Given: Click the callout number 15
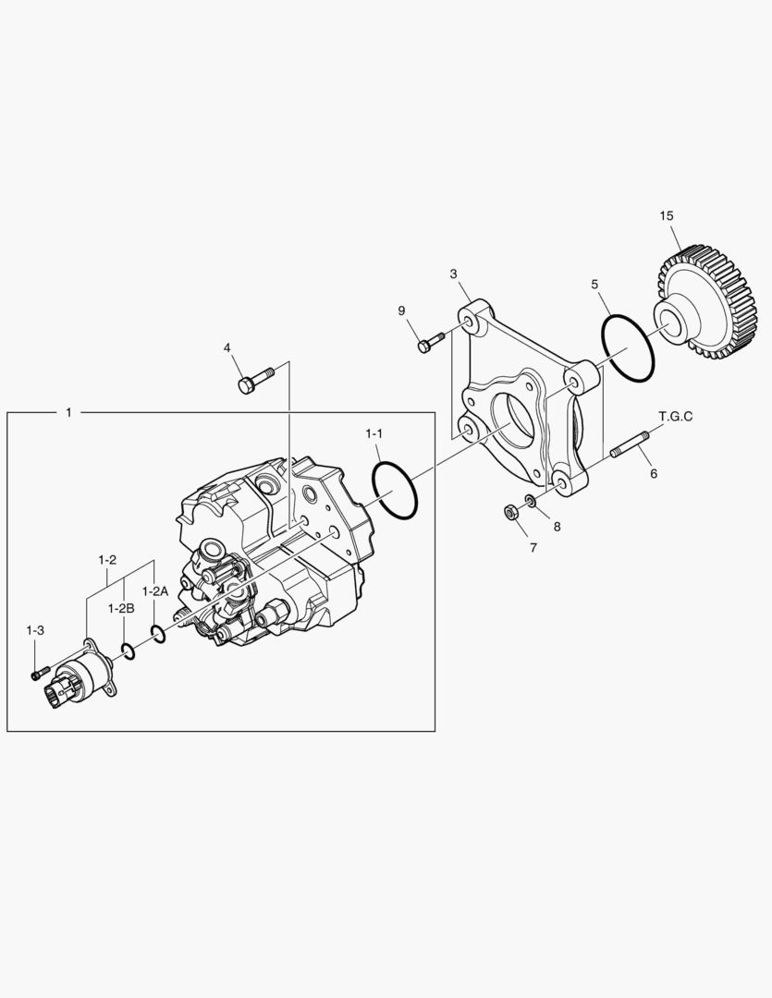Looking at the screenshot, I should coord(667,215).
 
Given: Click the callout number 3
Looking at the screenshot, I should coord(454,274).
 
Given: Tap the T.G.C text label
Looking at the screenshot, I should coord(675,416).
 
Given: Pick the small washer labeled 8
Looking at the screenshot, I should coord(530,501).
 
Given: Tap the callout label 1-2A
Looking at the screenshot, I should coord(154,590).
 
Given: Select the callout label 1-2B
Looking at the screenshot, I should coord(121,608).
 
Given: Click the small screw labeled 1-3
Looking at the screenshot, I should coord(37,674).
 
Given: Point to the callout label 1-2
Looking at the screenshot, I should coord(107,560).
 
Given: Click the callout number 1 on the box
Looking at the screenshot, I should coord(68,412).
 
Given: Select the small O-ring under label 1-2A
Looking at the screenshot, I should coord(158,634).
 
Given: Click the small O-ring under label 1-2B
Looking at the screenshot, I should coord(129,651).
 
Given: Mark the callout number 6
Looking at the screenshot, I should coord(653,473).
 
